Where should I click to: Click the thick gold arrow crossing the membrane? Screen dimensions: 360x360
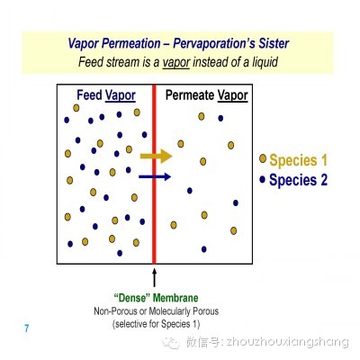(156, 156)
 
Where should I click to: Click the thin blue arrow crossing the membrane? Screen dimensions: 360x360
(155, 176)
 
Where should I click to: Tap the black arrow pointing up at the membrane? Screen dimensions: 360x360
(155, 277)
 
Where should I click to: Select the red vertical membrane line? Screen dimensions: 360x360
(154, 174)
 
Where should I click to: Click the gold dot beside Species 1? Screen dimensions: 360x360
(263, 158)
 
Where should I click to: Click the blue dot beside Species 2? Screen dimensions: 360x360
(263, 179)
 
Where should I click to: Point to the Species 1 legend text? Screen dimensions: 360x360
(298, 160)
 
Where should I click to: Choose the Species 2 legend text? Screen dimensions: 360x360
(298, 180)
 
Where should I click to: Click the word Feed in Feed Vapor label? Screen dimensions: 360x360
(89, 94)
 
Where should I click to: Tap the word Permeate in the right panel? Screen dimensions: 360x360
(190, 95)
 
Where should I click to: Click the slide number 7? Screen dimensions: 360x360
(27, 328)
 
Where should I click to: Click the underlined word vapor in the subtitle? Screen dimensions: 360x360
(176, 62)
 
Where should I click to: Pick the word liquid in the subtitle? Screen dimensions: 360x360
(265, 62)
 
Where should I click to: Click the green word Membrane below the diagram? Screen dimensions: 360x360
(175, 298)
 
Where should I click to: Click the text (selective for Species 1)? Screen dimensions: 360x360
(156, 324)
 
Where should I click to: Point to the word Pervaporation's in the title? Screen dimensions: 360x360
(210, 44)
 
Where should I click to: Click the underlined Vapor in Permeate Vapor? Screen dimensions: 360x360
(232, 95)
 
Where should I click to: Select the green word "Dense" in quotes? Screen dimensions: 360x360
(132, 298)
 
